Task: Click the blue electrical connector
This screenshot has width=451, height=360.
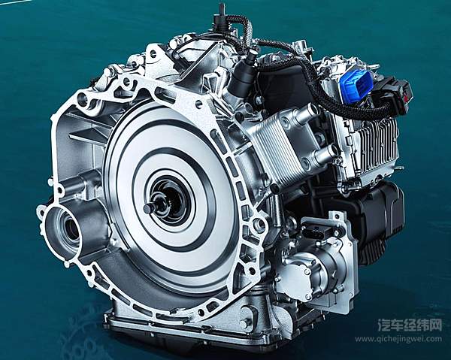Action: click(x=356, y=80)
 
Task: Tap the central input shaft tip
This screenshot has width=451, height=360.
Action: click(x=149, y=207)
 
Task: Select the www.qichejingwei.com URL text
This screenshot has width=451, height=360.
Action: click(x=398, y=339)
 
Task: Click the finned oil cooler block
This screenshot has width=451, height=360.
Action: click(x=276, y=144)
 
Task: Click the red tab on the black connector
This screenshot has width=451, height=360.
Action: click(x=407, y=95)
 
